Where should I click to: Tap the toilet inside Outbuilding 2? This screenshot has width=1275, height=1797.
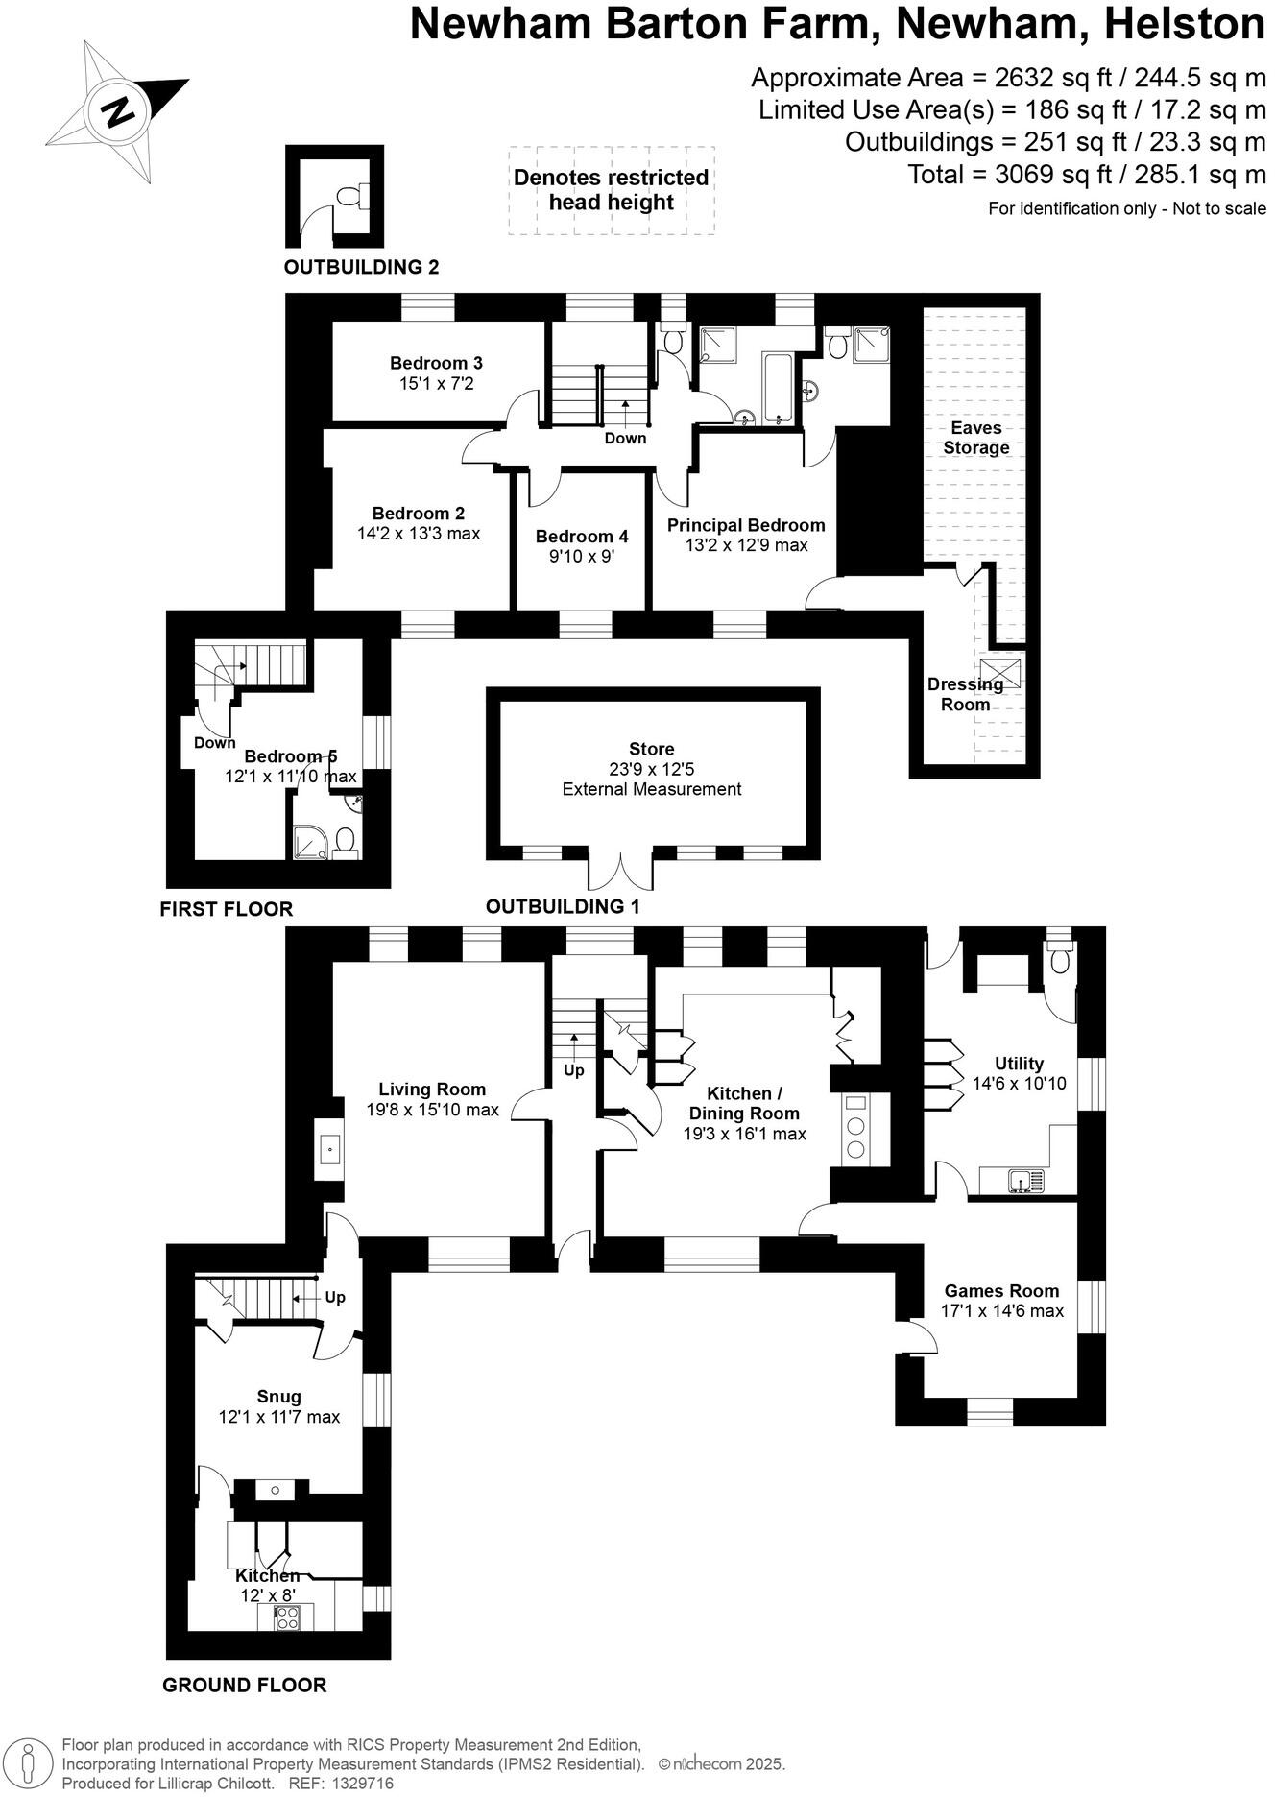349,197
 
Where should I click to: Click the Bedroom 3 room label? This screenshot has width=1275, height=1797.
436,363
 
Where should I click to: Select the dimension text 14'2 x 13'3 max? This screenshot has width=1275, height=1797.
419,533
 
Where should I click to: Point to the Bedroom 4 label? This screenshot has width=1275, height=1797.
582,537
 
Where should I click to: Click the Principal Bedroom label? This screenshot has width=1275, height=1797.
746,525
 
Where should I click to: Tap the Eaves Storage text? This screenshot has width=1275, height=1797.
975,438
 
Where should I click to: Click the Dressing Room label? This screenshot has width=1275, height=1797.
965,694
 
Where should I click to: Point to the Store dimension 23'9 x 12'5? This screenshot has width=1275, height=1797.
651,769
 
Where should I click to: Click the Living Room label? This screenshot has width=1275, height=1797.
432,1089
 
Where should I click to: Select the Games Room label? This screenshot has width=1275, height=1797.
1001,1291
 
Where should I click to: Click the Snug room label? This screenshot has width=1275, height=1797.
278,1397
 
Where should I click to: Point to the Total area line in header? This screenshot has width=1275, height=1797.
1087,175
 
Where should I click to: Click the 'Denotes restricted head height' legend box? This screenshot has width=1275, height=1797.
611,190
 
